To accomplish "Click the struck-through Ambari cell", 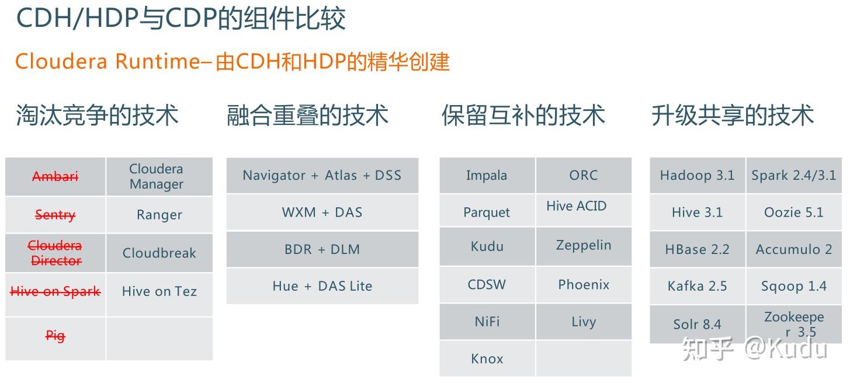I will point(55,176).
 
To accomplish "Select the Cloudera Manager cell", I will point(156,176).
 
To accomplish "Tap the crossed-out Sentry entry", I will point(55,215).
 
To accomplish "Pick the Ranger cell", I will point(159,215).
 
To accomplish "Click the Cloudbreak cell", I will point(159,253).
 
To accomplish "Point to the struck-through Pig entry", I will point(55,336).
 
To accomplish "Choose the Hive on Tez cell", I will point(159,291).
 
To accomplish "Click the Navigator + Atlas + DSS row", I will point(322,175).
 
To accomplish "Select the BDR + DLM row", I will point(322,249).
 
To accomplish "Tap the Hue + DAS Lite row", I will point(322,286).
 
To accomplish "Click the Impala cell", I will point(487,175).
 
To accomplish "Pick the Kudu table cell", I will point(487,246).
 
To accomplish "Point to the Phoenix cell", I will point(584,284).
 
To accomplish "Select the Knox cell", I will point(487,358).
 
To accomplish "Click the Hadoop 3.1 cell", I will point(697,175).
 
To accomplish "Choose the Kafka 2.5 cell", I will point(697,286).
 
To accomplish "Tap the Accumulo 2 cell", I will point(794,249).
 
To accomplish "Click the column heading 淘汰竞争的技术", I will point(97,115).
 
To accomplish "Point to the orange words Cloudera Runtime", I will point(107,61).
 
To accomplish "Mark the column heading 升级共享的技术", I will point(733,115).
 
